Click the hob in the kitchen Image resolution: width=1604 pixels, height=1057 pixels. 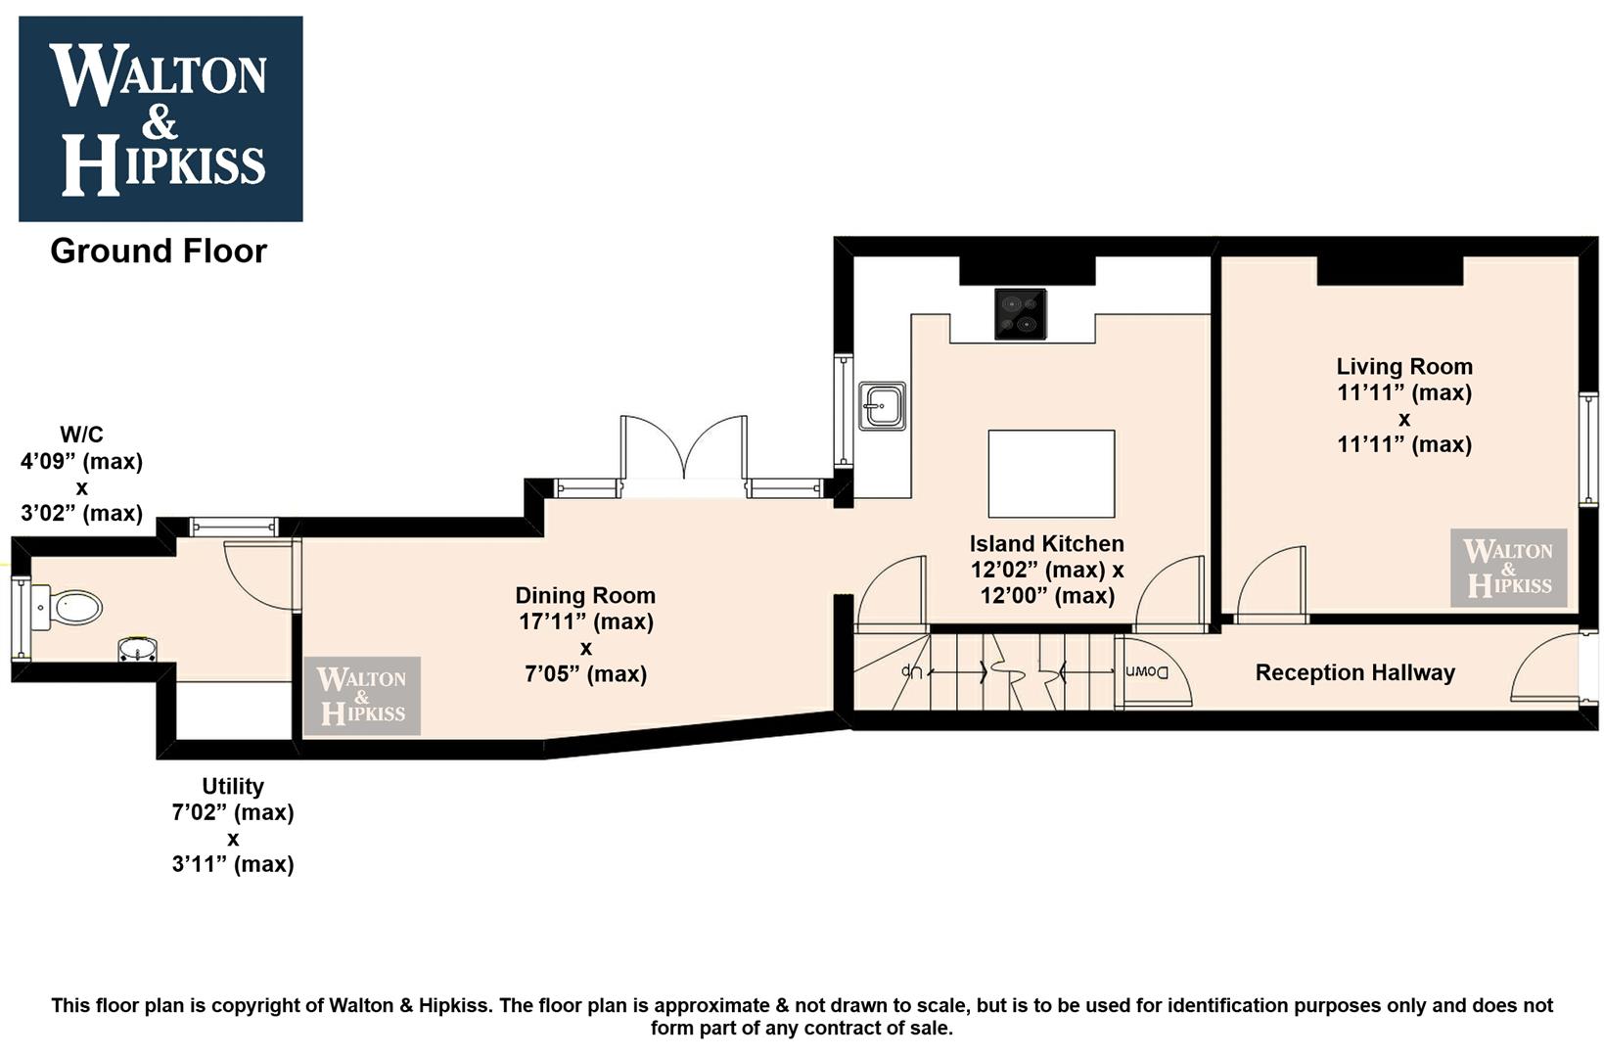[x=1021, y=314]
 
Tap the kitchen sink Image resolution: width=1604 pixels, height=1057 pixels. [x=882, y=405]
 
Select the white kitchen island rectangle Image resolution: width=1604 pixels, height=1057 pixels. [x=1051, y=474]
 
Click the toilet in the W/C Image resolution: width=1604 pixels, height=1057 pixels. [x=66, y=608]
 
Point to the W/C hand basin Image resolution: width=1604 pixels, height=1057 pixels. [x=137, y=649]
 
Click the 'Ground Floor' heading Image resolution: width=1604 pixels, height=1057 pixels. [x=159, y=252]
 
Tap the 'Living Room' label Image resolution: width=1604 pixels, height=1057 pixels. [x=1404, y=367]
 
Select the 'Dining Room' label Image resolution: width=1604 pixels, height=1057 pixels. [x=586, y=595]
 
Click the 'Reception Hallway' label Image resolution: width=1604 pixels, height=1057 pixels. [x=1354, y=672]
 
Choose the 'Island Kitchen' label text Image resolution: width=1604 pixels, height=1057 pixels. [x=1047, y=543]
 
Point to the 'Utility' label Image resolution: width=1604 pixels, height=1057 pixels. [x=233, y=786]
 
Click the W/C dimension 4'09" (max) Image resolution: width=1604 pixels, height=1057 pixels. [x=81, y=461]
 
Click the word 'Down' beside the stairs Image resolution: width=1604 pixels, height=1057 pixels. [x=1146, y=672]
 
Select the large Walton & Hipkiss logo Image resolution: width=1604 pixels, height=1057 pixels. [x=160, y=118]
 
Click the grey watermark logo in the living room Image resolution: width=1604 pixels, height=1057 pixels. [x=1509, y=568]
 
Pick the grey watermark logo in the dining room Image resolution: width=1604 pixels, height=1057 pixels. [x=362, y=696]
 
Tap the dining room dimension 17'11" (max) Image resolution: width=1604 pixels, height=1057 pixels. [x=586, y=621]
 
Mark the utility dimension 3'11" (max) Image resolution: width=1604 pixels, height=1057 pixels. [x=233, y=864]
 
